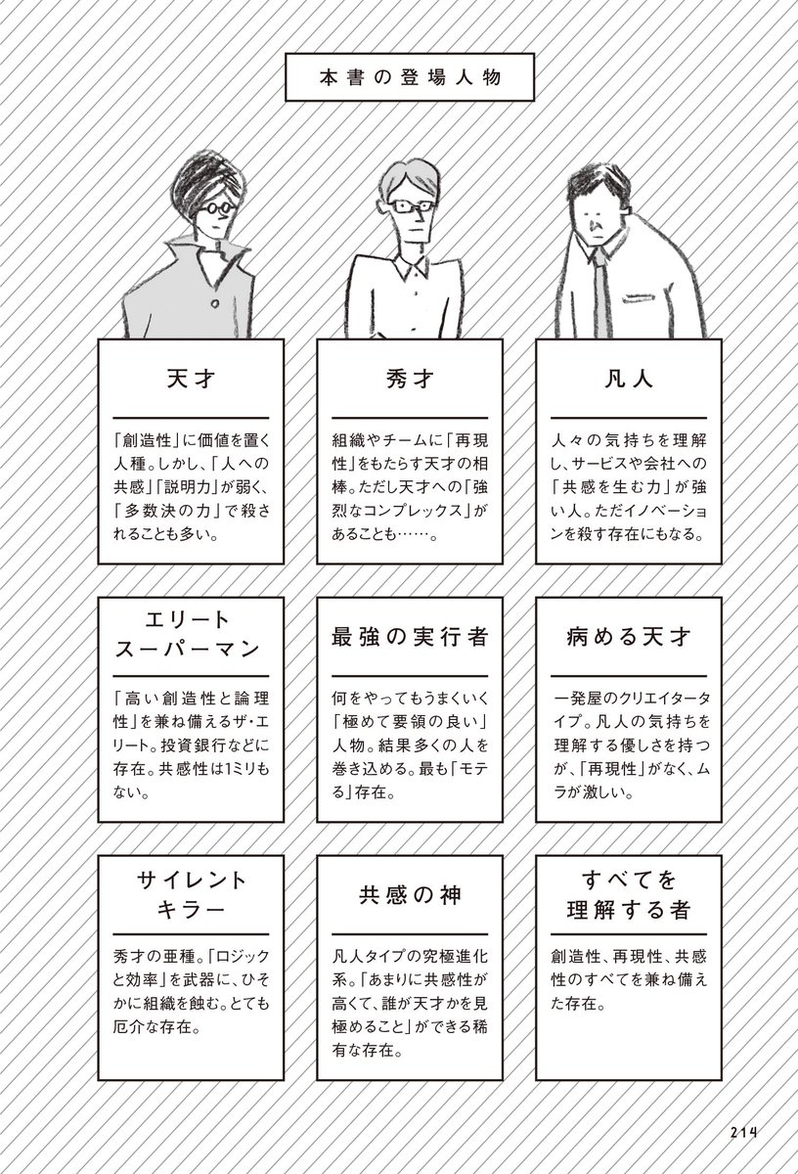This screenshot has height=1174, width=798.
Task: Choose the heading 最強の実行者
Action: (410, 637)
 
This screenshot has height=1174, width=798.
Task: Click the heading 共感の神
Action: (410, 894)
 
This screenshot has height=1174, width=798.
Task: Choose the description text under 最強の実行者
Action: (410, 745)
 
